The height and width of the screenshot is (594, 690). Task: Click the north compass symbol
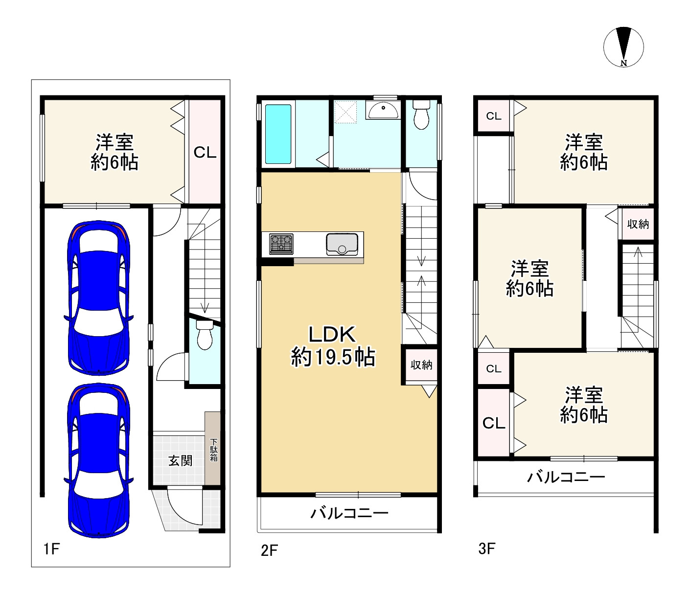623,47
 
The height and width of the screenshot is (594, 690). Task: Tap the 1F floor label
51,548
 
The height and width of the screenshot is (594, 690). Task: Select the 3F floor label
487,548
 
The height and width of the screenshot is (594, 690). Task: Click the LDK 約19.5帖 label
332,346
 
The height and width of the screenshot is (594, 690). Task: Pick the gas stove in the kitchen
281,244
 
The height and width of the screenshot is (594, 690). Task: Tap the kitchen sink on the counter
342,244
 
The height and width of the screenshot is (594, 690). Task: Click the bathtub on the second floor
278,134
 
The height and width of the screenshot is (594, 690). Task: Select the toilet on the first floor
205,335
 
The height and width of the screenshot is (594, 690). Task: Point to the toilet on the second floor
421,115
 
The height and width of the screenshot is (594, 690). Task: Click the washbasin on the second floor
382,110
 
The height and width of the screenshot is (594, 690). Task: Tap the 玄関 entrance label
180,461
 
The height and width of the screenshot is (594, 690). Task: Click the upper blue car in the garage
99,297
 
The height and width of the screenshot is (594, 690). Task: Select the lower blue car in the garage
99,460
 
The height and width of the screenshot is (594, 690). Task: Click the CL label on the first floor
205,153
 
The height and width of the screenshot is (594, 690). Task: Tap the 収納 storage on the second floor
421,365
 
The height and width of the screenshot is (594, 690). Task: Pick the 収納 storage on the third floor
638,224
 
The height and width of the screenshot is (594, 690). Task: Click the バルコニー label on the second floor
349,513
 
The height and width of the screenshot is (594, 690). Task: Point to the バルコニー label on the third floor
566,478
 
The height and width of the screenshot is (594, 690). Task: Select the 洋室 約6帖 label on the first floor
114,152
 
